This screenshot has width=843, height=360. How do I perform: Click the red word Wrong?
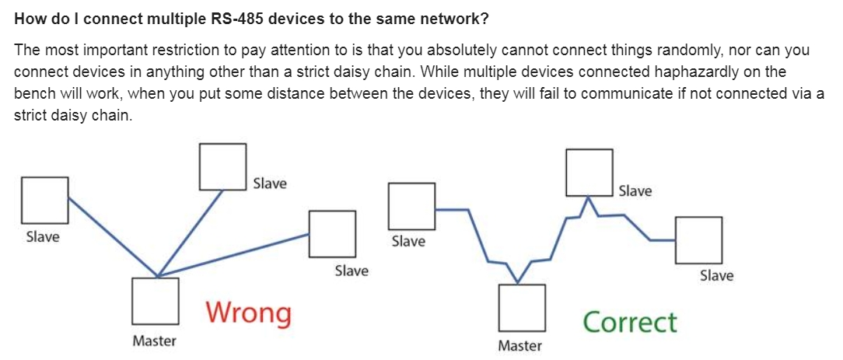click(x=249, y=313)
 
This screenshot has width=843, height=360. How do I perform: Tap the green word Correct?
click(x=630, y=323)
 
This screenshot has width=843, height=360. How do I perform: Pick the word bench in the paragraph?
click(x=32, y=93)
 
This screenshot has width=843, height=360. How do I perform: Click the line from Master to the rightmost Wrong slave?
click(x=233, y=255)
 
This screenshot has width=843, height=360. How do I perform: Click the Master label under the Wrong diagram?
click(x=154, y=341)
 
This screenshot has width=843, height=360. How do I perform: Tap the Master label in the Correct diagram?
click(x=520, y=345)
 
